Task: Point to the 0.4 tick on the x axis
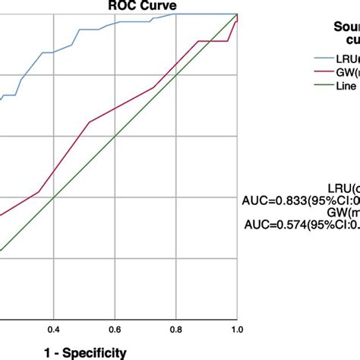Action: click(x=53, y=330)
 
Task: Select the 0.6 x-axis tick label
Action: click(x=115, y=330)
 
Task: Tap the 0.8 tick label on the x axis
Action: click(x=175, y=330)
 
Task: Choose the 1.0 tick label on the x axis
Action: click(x=236, y=330)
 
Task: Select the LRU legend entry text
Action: click(x=346, y=58)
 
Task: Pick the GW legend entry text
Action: click(x=346, y=73)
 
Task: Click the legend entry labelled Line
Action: click(x=346, y=87)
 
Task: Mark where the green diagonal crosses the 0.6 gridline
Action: click(x=115, y=136)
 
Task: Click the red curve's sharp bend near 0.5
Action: click(x=90, y=122)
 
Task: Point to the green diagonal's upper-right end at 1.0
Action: click(x=237, y=14)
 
